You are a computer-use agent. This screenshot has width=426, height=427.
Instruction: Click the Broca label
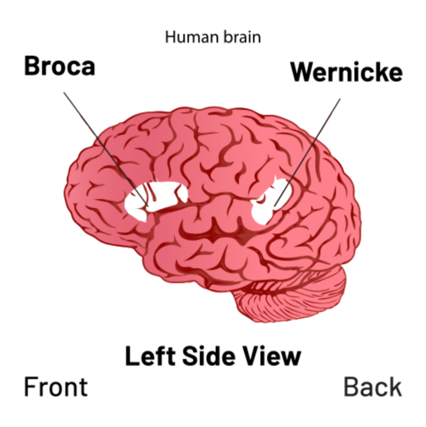click(60, 66)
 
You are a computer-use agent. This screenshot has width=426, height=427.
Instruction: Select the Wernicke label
click(347, 72)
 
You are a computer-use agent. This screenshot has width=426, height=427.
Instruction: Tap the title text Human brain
click(213, 37)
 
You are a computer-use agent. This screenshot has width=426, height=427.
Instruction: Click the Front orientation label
click(56, 387)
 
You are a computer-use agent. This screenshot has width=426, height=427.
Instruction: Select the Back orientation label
click(373, 387)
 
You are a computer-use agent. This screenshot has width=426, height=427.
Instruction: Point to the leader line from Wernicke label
click(307, 152)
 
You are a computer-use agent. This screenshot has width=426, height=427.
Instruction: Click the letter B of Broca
click(32, 66)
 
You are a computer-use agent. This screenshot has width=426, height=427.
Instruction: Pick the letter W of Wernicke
click(302, 72)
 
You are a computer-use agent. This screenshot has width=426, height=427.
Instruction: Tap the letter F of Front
click(30, 387)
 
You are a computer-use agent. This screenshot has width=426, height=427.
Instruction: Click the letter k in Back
click(395, 387)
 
